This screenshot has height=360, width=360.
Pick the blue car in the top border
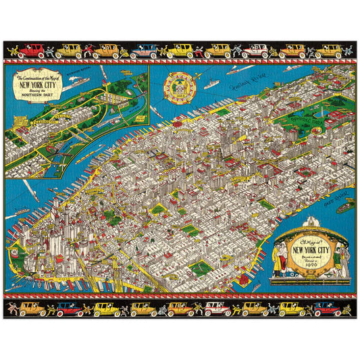click(x=144, y=51)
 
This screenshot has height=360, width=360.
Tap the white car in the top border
click(x=255, y=51)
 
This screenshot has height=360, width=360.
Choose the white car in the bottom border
click(x=216, y=309)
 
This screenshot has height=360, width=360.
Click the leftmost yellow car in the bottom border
click(x=32, y=309)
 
